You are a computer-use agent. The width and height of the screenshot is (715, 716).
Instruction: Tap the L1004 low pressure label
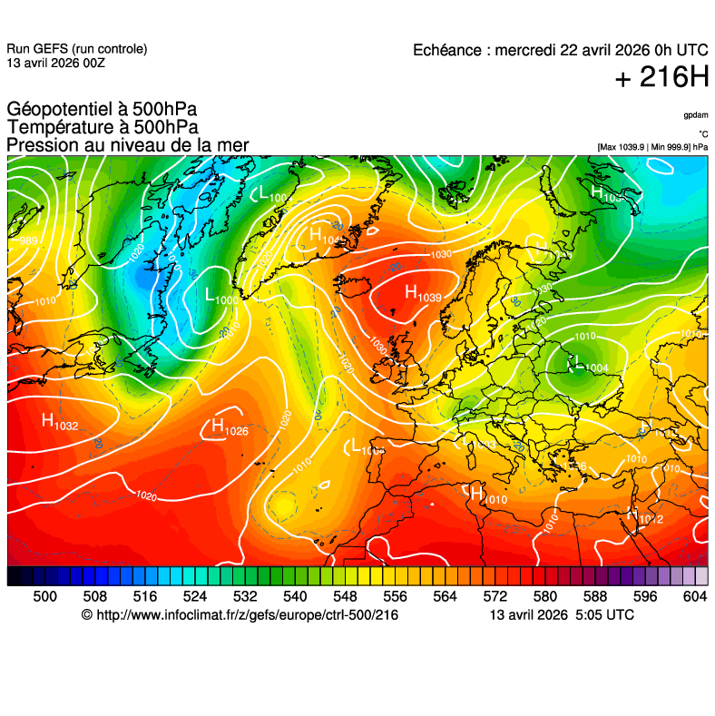587,365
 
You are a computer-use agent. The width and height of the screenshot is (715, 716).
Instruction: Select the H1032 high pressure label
59,421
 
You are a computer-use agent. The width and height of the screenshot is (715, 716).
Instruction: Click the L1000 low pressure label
220,296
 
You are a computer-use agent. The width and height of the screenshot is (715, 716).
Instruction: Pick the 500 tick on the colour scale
44,596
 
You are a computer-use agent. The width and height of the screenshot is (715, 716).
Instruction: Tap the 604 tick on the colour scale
695,596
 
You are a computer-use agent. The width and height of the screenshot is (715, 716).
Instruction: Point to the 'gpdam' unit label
696,115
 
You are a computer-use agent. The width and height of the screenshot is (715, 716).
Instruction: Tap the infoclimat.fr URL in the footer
240,615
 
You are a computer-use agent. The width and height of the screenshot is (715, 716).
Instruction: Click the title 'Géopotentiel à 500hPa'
102,110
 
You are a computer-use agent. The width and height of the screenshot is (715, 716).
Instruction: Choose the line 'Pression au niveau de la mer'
128,145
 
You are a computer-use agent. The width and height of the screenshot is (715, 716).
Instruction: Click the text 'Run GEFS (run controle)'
76,49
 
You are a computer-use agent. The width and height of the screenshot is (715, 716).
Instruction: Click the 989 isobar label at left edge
28,240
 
